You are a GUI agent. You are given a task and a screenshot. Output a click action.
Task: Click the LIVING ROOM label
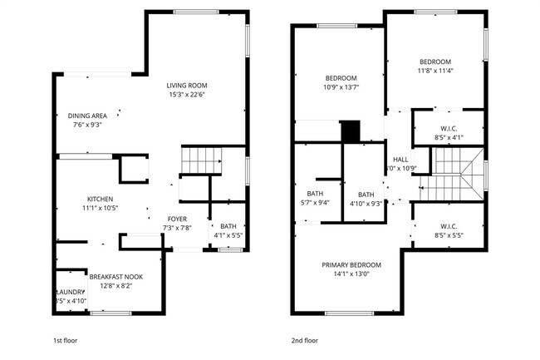pos(186,85)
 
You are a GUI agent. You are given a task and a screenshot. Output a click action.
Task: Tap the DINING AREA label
pos(86,116)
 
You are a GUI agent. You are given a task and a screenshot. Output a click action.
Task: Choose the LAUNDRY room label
pos(70,292)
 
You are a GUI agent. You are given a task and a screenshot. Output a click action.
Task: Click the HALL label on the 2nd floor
pos(400,159)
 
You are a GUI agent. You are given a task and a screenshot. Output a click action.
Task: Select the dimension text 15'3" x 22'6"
pos(186,94)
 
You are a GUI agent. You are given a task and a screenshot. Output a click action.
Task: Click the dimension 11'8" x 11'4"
pos(434,71)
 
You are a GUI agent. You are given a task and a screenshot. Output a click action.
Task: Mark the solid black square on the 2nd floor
pos(351,131)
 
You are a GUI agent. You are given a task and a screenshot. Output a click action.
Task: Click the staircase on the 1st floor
pos(202,159)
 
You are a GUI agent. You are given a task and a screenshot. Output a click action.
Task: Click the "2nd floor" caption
pos(304,340)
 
